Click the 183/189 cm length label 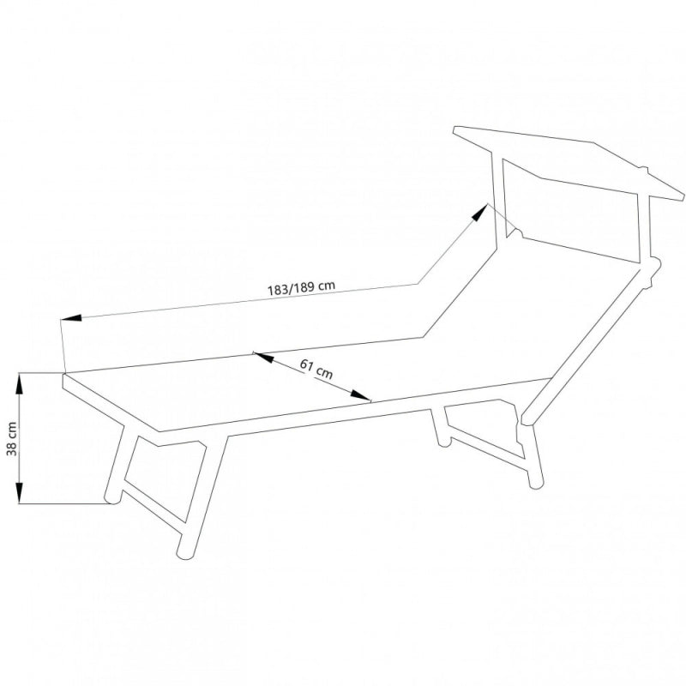pos(302,287)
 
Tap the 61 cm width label pos(316,369)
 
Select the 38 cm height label pos(12,439)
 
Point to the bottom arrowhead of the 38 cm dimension pos(19,492)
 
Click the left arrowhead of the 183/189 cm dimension pos(71,318)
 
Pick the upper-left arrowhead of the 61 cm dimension pos(264,358)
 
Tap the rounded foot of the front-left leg pos(112,499)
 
